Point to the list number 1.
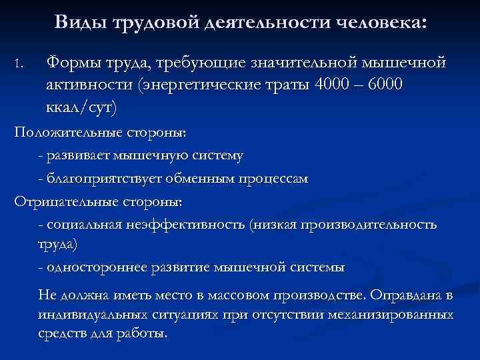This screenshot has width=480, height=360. click(x=18, y=65)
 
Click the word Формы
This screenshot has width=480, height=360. click(x=71, y=64)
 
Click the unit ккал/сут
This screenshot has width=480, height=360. click(x=79, y=107)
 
